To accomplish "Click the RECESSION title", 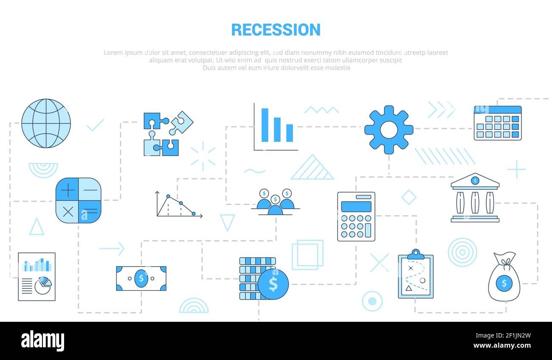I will (x=276, y=30).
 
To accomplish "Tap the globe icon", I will (x=46, y=124).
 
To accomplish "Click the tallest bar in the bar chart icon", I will (x=265, y=125).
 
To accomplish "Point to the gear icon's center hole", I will (x=389, y=130).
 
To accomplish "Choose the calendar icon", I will (x=497, y=123).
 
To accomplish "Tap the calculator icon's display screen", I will (x=356, y=207).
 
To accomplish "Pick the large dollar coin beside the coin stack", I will (x=273, y=284).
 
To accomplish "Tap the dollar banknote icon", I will (x=141, y=278).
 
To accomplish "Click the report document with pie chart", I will (x=37, y=277).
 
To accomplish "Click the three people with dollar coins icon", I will (x=275, y=201).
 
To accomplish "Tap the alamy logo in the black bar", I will (x=42, y=341).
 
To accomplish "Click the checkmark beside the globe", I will (x=96, y=125).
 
